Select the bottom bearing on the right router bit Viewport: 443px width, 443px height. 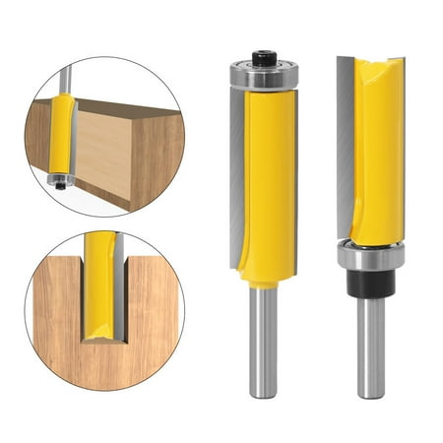click(x=369, y=255)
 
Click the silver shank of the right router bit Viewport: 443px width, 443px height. click(x=370, y=345)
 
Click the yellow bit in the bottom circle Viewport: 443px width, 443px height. click(x=97, y=285)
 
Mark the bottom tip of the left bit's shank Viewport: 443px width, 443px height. click(x=263, y=394)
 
